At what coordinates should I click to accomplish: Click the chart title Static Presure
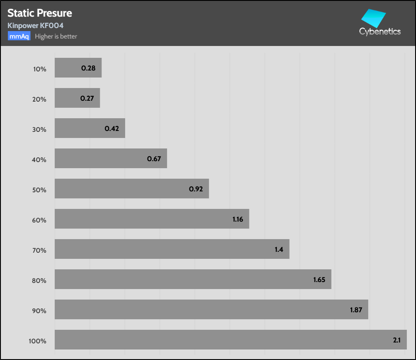pos(40,14)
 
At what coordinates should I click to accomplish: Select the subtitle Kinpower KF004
pos(35,26)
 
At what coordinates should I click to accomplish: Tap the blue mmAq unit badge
pos(19,36)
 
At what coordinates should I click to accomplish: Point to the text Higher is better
pos(56,36)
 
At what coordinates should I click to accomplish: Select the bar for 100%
pos(231,339)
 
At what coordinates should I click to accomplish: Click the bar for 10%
pos(78,68)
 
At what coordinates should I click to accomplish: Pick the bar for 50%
pos(132,188)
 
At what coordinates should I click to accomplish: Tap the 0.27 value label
pos(87,99)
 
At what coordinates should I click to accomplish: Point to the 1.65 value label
pos(319,279)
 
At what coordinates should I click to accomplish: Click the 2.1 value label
pos(397,340)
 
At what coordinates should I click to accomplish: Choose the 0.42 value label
pos(112,129)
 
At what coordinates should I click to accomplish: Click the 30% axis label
pos(39,130)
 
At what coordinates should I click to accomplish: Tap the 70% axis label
pos(39,251)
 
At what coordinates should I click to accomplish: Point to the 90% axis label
pos(39,311)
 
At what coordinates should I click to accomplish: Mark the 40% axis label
pos(39,160)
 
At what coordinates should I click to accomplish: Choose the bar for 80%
pos(193,279)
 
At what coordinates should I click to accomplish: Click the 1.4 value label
pos(279,249)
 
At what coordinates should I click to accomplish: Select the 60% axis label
pos(39,220)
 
